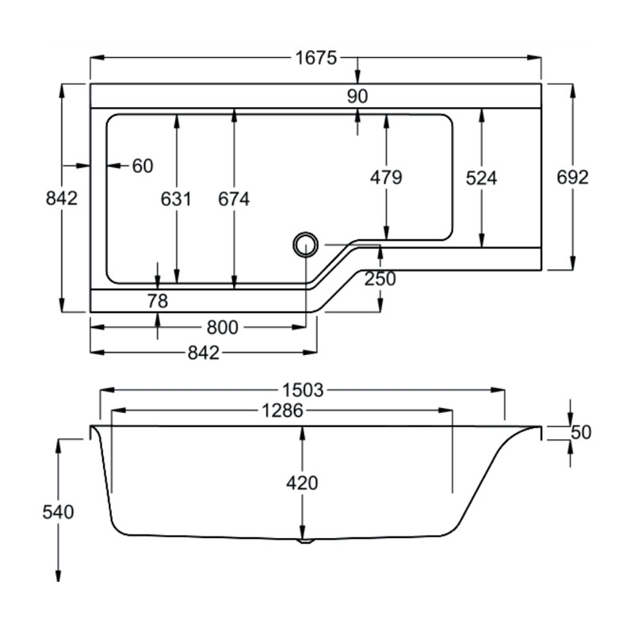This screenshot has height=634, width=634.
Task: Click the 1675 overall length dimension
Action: (x=317, y=58)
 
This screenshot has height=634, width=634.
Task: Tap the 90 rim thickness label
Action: (x=357, y=96)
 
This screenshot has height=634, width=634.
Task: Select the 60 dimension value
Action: (x=143, y=166)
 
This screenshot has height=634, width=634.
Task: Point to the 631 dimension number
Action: (x=176, y=199)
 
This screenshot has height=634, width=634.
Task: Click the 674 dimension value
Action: (x=234, y=199)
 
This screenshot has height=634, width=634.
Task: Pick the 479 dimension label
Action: (x=386, y=178)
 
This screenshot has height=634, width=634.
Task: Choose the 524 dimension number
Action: (x=481, y=178)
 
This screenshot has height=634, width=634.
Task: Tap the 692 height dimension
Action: (x=573, y=178)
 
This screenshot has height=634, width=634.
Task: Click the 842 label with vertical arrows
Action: (x=62, y=198)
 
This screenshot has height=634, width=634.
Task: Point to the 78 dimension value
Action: (x=158, y=300)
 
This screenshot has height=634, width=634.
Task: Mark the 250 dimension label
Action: (x=380, y=279)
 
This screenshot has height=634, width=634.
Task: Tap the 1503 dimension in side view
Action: (x=302, y=390)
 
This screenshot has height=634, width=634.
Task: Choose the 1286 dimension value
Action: (x=282, y=411)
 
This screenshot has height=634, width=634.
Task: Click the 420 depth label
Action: (x=302, y=483)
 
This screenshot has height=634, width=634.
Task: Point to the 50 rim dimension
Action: (x=582, y=433)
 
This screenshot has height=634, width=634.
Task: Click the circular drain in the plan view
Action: (x=304, y=243)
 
